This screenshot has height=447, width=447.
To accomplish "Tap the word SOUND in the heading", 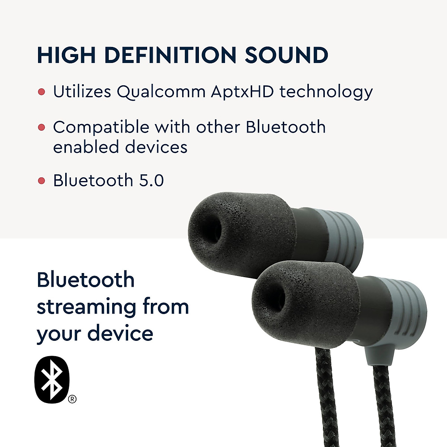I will tap(286, 55).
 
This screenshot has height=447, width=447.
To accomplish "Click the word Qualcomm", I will tap(161, 92).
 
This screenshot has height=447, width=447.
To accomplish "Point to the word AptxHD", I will tap(242, 91).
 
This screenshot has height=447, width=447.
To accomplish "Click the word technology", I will tap(326, 92).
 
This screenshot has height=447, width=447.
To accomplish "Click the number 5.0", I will tap(151, 181).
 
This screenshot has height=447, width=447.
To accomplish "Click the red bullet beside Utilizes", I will tap(42, 92).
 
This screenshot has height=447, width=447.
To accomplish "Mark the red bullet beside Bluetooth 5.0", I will tap(42, 181).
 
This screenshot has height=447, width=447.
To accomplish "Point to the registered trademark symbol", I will tap(72, 399).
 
